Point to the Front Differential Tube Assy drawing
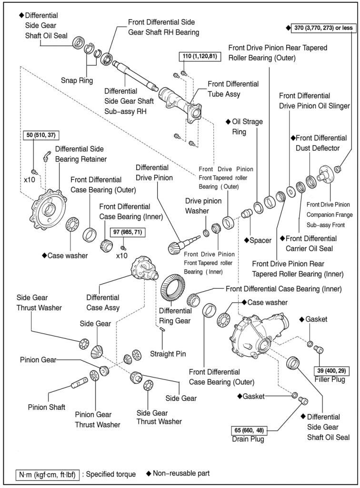[x=178, y=100]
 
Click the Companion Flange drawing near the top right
[x=324, y=173]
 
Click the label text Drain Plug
[x=249, y=439]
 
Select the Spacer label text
[x=260, y=240]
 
